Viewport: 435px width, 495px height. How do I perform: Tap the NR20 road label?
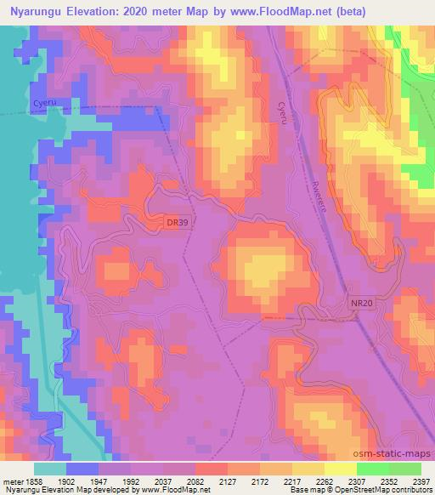360,303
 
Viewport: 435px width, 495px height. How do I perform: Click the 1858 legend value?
31,481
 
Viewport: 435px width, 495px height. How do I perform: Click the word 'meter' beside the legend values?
11,481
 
